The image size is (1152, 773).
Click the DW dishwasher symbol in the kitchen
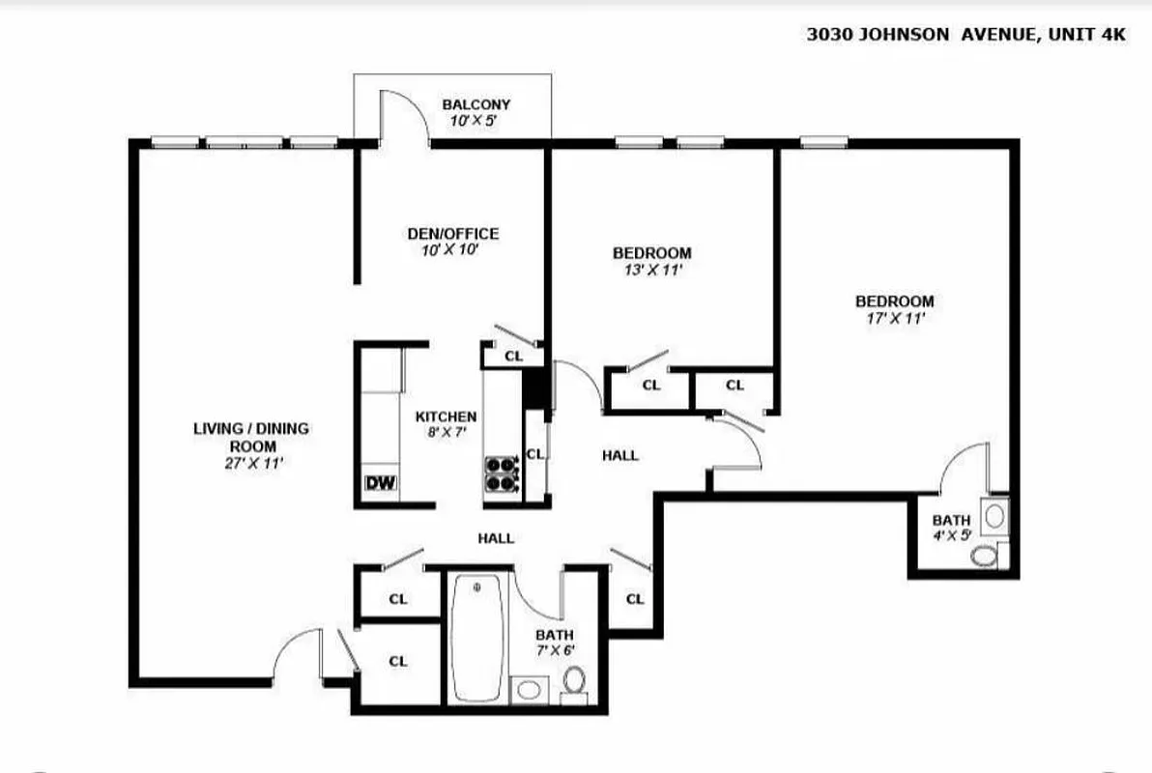coord(380,483)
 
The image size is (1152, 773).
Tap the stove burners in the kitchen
coord(501,475)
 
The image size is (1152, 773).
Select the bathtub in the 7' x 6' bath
coord(476,639)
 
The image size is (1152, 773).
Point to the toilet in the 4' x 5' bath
coord(984,557)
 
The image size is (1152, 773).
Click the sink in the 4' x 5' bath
coord(994,515)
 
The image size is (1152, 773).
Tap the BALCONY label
coord(475,104)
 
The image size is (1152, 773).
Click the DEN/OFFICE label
coord(452,234)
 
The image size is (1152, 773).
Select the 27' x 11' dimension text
coord(252,463)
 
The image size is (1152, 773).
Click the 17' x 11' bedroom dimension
coord(894,317)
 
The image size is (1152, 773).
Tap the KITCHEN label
coord(446,416)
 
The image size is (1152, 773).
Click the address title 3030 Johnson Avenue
coord(966,34)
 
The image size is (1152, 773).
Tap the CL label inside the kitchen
coord(535,454)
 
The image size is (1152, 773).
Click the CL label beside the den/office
coord(513,356)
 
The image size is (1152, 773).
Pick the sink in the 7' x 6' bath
coord(528,689)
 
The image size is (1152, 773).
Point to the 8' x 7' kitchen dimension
coord(446,432)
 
